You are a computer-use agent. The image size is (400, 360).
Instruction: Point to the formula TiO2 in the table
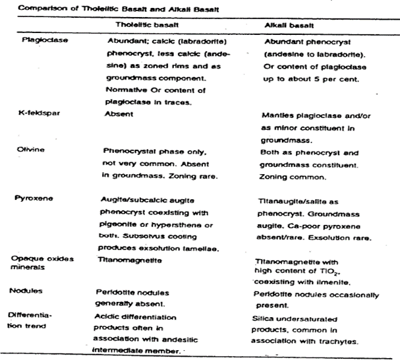[345, 271]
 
